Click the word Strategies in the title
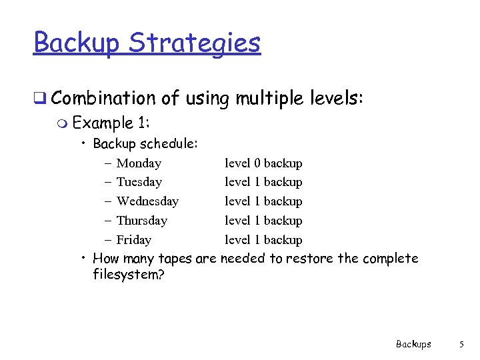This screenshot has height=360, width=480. pyautogui.click(x=195, y=43)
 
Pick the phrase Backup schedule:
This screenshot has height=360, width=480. pyautogui.click(x=145, y=143)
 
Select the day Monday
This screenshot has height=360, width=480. pyautogui.click(x=139, y=163)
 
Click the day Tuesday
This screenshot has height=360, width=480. pyautogui.click(x=139, y=182)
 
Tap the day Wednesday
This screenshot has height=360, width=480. pyautogui.click(x=147, y=201)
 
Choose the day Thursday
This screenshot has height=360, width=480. pyautogui.click(x=141, y=221)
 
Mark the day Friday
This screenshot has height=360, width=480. pyautogui.click(x=133, y=240)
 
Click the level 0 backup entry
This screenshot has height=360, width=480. pyautogui.click(x=263, y=163)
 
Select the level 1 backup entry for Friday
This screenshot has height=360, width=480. pyautogui.click(x=263, y=240)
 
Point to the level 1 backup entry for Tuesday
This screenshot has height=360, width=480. pyautogui.click(x=263, y=182)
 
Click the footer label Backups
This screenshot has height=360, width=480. pyautogui.click(x=413, y=344)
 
